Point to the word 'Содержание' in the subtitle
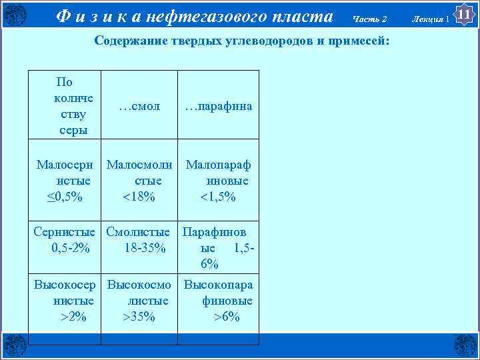(128, 41)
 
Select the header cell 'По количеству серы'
(65, 106)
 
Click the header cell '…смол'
(139, 105)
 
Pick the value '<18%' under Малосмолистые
(139, 197)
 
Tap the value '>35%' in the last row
(139, 317)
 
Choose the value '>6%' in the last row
(226, 317)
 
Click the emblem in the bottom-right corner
(465, 345)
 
